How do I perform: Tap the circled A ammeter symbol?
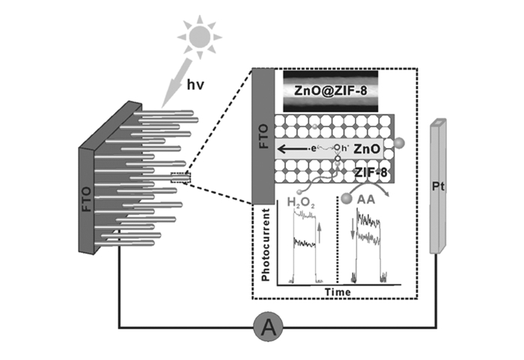[266, 327]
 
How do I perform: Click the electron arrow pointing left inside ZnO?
[296, 149]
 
